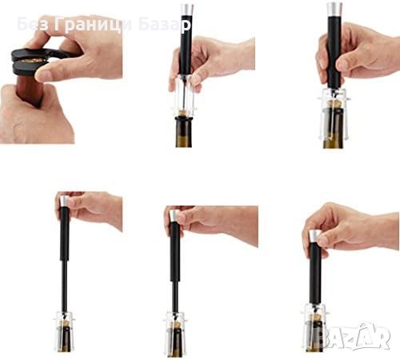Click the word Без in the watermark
click(33, 24)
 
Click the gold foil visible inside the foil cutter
click(33, 61)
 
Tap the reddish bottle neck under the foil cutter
click(30, 90)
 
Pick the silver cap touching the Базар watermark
click(186, 10)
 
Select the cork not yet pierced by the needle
click(183, 114)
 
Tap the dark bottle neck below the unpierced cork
click(184, 132)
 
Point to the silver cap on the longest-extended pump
click(64, 202)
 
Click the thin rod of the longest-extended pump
click(64, 286)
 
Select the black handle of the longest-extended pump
click(64, 234)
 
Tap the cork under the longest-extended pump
click(64, 324)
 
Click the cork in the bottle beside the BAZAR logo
click(315, 318)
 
